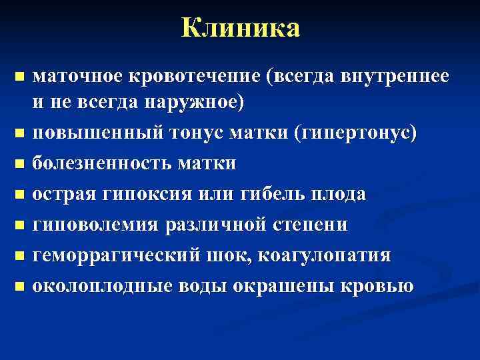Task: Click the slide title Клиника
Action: (240, 29)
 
